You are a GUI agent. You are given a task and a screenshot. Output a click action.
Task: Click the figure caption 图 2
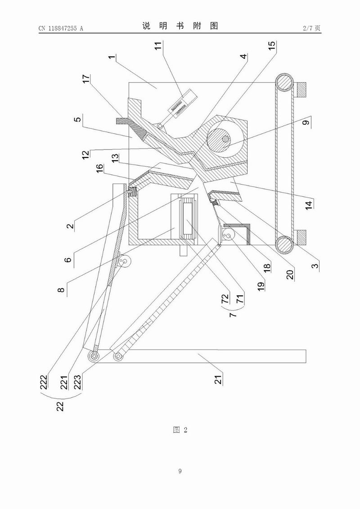point(180,430)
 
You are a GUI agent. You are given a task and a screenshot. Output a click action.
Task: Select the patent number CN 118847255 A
point(61,28)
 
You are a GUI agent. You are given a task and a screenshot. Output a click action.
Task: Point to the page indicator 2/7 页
point(312,28)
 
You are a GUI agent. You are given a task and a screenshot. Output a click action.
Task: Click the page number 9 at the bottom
point(180,471)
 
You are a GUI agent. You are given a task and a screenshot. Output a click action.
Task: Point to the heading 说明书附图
point(180,27)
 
